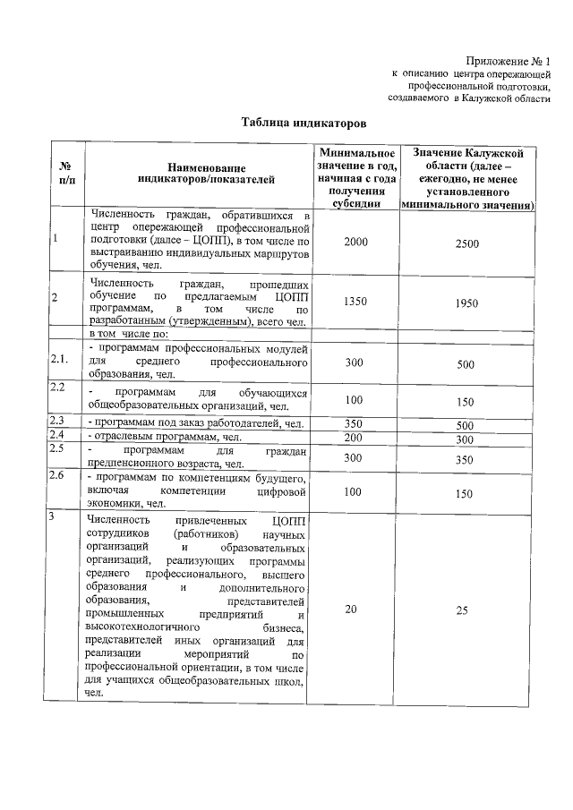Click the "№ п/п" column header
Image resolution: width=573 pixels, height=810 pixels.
[65, 174]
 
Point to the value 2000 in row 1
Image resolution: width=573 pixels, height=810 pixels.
[355, 243]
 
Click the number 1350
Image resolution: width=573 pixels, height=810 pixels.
[355, 303]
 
